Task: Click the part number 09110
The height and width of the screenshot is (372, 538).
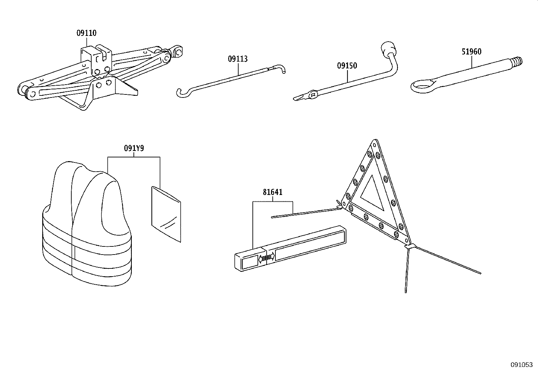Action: tap(86, 33)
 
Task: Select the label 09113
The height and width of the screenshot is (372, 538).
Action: tap(238, 59)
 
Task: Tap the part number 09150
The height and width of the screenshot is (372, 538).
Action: tap(347, 66)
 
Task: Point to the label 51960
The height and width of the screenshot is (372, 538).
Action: tap(471, 52)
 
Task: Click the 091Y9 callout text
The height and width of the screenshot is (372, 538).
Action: tap(134, 148)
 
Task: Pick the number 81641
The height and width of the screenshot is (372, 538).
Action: tap(272, 192)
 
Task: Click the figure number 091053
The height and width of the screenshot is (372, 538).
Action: tap(521, 365)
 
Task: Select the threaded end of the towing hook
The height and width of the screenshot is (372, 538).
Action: tap(517, 61)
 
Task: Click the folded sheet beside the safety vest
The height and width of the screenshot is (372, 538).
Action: tap(166, 213)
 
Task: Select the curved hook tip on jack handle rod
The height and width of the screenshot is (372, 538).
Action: tap(281, 69)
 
